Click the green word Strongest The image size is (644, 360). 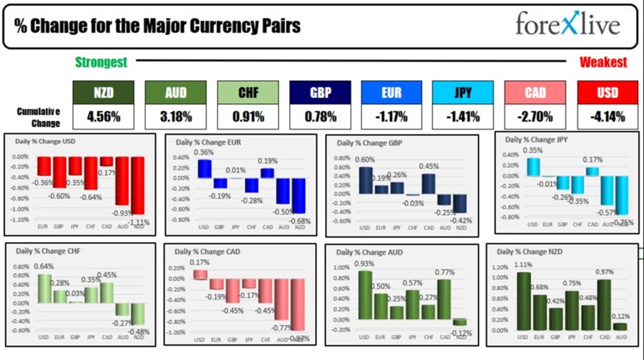coord(102,62)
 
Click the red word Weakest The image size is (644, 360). coord(603,62)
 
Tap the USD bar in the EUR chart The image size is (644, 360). coord(205,168)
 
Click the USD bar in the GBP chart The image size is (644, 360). coord(365,180)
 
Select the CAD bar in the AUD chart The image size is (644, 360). coord(444,298)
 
